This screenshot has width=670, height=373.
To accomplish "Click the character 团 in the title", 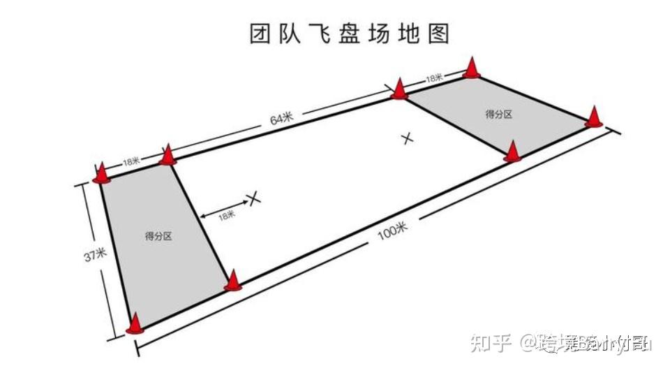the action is click(x=260, y=34).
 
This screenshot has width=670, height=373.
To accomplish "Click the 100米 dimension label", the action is click(x=392, y=231).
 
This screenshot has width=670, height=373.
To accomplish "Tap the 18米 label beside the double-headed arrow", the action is click(x=227, y=216).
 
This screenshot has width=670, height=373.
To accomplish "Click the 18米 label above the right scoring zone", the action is click(x=434, y=78).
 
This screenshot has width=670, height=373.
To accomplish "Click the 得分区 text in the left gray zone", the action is click(x=158, y=236).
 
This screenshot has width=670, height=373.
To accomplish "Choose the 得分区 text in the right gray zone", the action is click(x=498, y=114).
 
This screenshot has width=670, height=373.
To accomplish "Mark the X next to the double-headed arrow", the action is click(x=255, y=198).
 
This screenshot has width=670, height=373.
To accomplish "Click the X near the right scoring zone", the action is click(x=408, y=138).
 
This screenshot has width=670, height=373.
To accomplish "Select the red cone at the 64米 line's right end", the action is click(x=399, y=89).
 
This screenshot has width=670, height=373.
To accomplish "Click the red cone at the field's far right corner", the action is click(x=593, y=117).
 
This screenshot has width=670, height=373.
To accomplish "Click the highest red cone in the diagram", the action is click(x=472, y=68).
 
